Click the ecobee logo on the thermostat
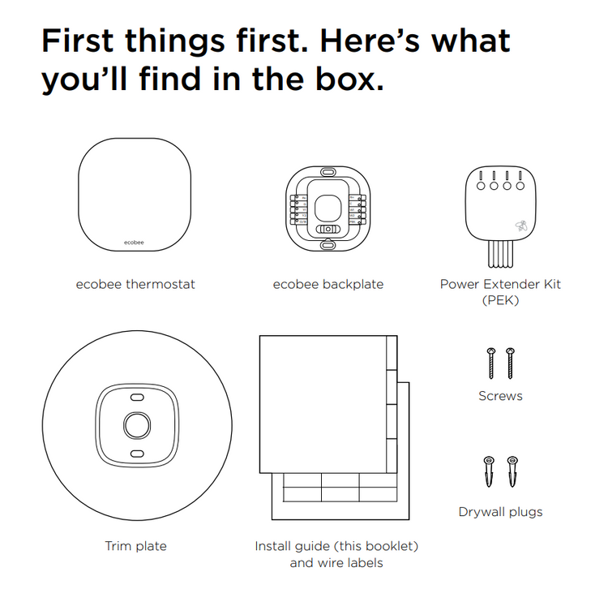134,243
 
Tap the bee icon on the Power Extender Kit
521,226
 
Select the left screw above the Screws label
491,363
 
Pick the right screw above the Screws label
510,363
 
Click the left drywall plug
489,471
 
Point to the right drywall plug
512,471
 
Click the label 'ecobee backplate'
328,285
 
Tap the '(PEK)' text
500,300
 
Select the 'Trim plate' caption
135,546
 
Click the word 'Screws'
500,396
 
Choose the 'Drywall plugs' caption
500,512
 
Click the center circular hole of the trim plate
137,425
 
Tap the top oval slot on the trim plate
137,398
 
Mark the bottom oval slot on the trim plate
137,454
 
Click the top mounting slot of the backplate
328,171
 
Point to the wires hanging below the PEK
500,254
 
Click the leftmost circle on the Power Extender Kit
481,186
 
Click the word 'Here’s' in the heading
370,41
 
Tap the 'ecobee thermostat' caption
135,285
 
